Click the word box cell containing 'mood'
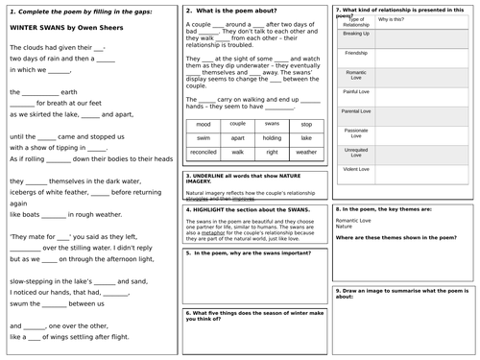[203, 125]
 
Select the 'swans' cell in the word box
[272, 125]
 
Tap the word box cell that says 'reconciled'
[203, 152]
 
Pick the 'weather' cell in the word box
[306, 152]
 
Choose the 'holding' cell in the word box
[272, 138]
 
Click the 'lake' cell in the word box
[306, 138]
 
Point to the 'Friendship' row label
[356, 53]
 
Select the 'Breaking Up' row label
[356, 34]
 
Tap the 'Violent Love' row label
[356, 168]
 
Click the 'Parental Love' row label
[356, 110]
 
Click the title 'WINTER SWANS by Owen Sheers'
[55, 28]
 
